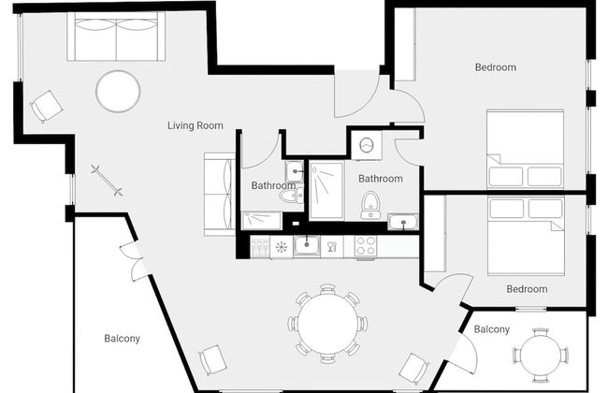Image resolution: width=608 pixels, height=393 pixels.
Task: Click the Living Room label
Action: [195, 125]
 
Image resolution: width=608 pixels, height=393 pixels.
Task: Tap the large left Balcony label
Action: [122, 339]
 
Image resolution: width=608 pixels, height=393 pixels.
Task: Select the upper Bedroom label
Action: [495, 67]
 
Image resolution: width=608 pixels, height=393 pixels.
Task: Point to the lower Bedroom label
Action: [527, 289]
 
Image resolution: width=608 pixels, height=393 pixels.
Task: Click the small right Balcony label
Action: [492, 329]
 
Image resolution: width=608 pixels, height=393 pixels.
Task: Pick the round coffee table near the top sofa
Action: [118, 92]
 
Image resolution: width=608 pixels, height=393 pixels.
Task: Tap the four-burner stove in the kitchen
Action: [365, 247]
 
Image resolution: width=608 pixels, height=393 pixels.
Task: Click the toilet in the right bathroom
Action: [370, 204]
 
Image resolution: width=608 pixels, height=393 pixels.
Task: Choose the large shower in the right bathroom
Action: [326, 191]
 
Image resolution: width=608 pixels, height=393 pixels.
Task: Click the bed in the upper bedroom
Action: [526, 150]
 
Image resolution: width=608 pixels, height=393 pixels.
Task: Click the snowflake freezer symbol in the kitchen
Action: [282, 247]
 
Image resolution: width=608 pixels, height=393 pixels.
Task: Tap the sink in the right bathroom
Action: [403, 222]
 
